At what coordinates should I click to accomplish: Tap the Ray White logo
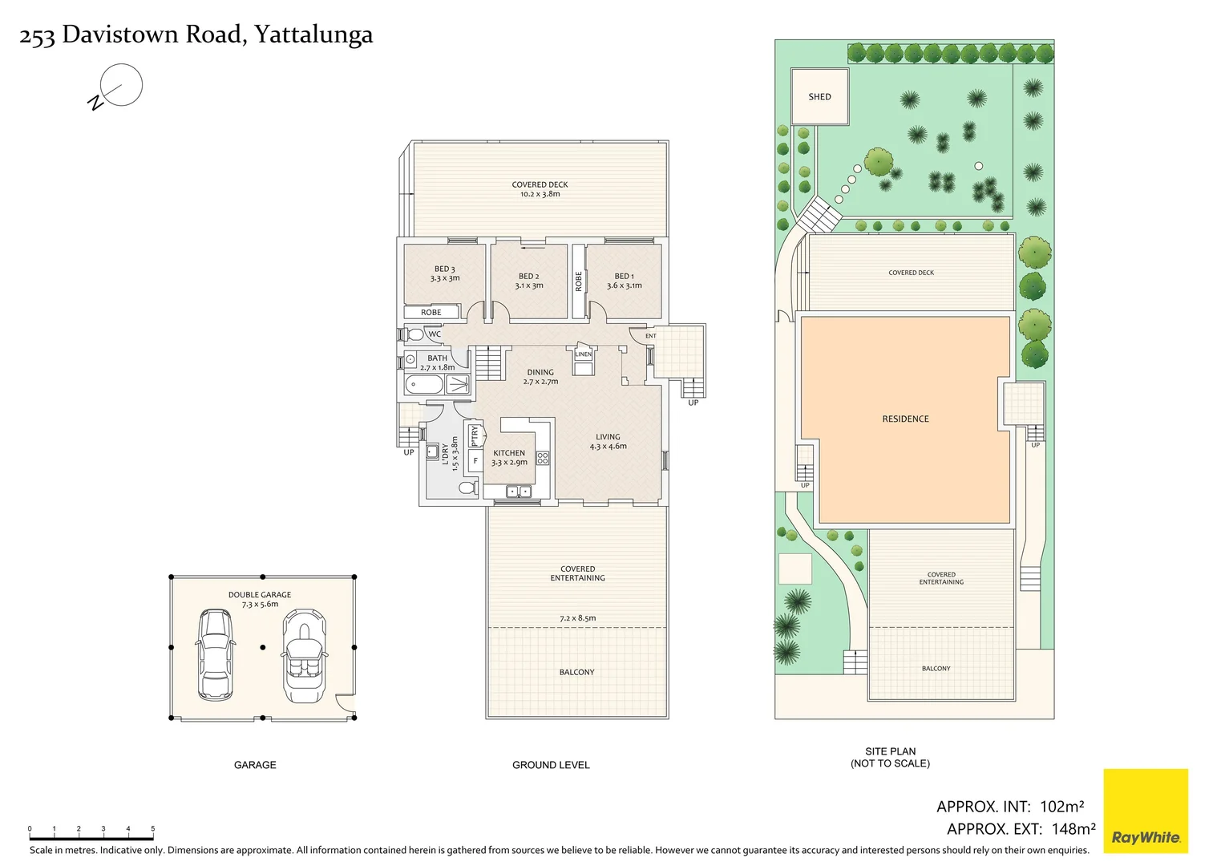tap(1146, 811)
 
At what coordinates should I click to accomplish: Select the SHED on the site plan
tap(819, 97)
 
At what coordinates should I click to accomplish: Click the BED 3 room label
tap(444, 269)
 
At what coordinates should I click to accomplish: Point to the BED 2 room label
tap(528, 276)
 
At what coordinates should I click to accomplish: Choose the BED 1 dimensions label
tap(624, 285)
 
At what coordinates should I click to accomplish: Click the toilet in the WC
tap(414, 334)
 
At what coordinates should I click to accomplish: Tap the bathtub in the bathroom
tap(424, 385)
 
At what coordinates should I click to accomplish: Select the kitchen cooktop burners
tap(543, 458)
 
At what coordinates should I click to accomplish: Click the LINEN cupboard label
tap(583, 354)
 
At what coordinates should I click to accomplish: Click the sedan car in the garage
tap(215, 655)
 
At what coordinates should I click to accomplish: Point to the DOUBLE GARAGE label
tap(260, 595)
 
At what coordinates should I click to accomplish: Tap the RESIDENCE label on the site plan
tap(905, 419)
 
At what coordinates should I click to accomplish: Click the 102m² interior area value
tap(1061, 807)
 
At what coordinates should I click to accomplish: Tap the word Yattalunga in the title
tap(313, 34)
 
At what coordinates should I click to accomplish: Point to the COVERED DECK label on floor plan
tap(540, 184)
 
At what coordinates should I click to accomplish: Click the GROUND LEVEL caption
tap(551, 765)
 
